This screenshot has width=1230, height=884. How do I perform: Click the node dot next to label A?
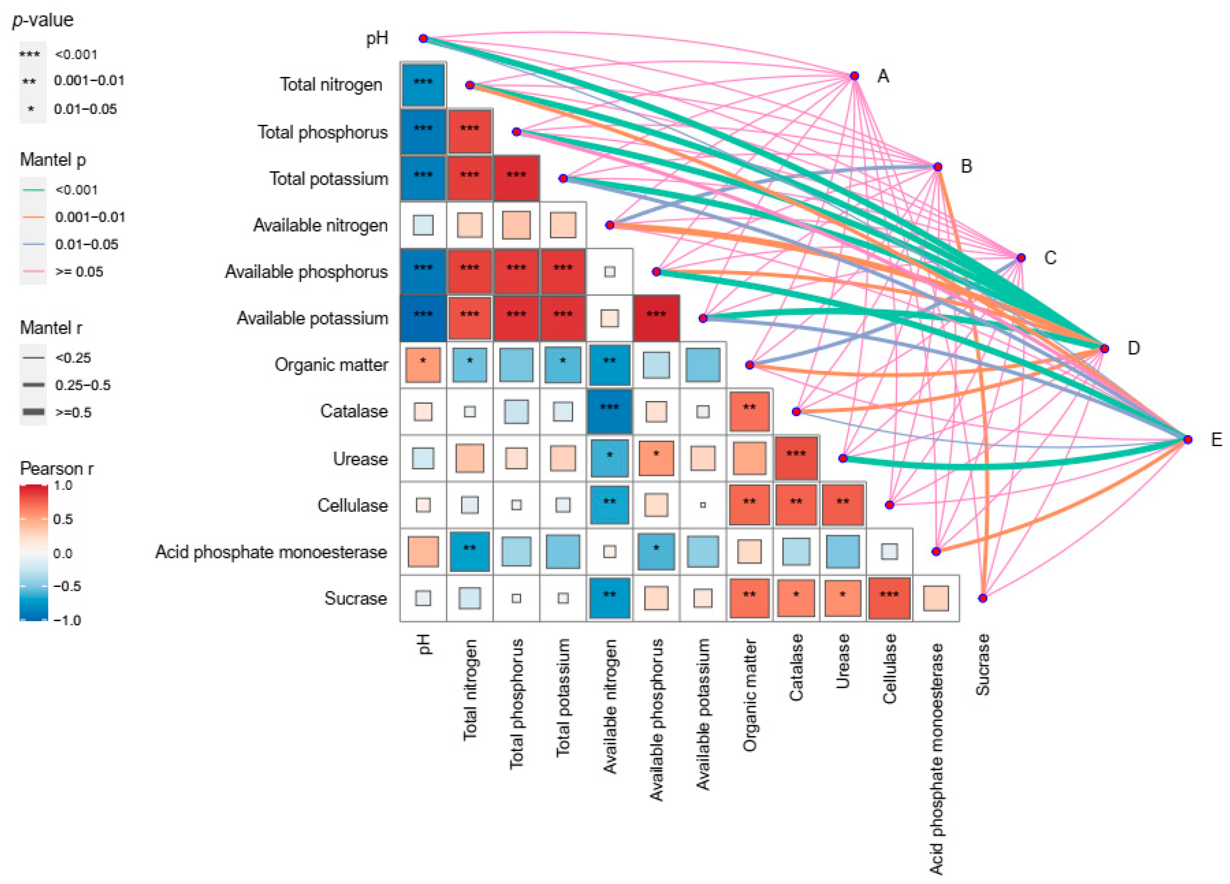tap(854, 76)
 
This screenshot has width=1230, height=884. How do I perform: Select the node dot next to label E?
tap(1188, 439)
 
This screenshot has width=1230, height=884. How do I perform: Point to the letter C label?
tap(1050, 257)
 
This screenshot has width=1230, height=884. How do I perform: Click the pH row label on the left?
tap(377, 38)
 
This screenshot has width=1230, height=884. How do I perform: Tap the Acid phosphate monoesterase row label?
tap(271, 552)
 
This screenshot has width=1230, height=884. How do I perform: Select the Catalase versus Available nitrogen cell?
tap(610, 411)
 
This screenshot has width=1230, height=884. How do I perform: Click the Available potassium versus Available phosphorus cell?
tap(656, 318)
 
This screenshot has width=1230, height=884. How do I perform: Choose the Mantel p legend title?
tap(53, 160)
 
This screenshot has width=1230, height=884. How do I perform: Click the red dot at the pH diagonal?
tap(423, 38)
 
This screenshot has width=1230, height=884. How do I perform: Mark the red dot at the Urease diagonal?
tap(843, 458)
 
